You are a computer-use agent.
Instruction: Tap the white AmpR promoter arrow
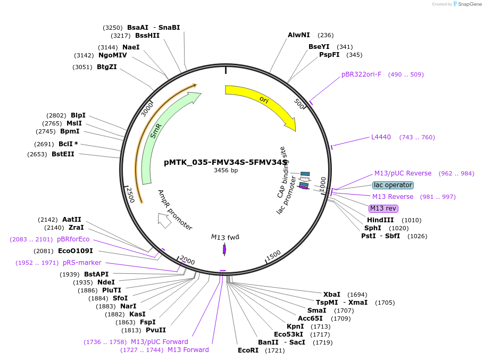tap(164, 220)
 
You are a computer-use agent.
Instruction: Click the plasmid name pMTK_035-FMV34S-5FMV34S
tap(226, 162)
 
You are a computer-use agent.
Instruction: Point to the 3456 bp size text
tap(226, 170)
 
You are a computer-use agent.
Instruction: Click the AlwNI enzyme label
tap(298, 35)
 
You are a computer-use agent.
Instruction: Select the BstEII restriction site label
tap(63, 154)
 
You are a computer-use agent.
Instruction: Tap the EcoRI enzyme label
tap(248, 350)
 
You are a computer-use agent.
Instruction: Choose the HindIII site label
tap(380, 220)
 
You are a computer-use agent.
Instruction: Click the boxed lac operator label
tap(393, 185)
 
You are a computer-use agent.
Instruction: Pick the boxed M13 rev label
tap(383, 208)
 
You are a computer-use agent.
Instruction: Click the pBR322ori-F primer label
tap(361, 74)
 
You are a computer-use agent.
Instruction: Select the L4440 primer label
tap(381, 137)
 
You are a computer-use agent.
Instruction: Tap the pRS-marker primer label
tap(82, 263)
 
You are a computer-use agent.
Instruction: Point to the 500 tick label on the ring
tap(299, 104)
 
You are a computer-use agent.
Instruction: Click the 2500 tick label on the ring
tap(130, 195)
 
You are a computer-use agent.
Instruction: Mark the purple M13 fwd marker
tap(224, 249)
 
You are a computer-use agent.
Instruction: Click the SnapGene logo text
tap(470, 4)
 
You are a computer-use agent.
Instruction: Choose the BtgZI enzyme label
tap(107, 67)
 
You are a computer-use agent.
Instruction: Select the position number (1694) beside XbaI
tap(357, 295)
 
